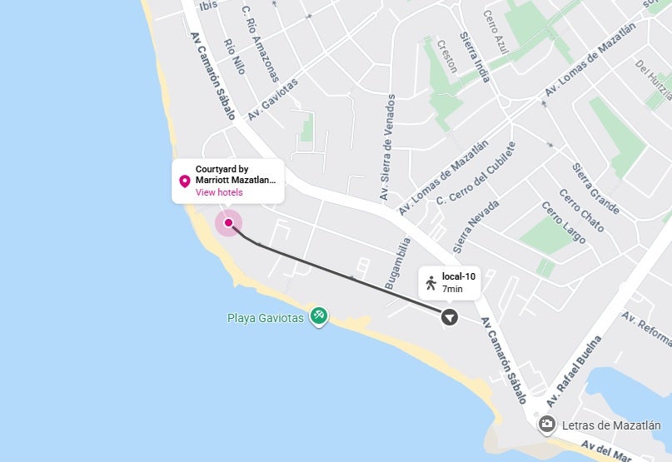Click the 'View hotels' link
click(x=219, y=192)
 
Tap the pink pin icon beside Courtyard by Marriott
click(x=185, y=181)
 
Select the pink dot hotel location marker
click(x=228, y=223)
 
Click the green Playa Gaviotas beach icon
click(x=318, y=316)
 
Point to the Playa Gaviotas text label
click(x=266, y=317)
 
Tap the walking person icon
click(x=431, y=282)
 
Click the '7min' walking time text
click(x=452, y=288)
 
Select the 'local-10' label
click(x=458, y=276)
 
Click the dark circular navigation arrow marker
click(x=450, y=317)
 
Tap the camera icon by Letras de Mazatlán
click(x=547, y=424)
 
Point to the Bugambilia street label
click(x=398, y=263)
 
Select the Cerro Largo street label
click(x=564, y=228)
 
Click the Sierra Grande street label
click(x=595, y=188)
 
